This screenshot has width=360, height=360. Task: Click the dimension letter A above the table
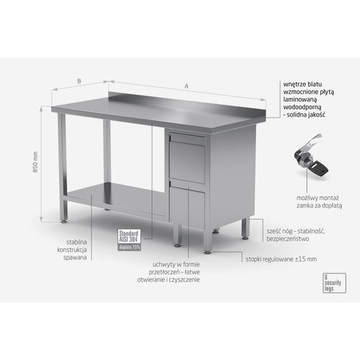click(186, 86)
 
